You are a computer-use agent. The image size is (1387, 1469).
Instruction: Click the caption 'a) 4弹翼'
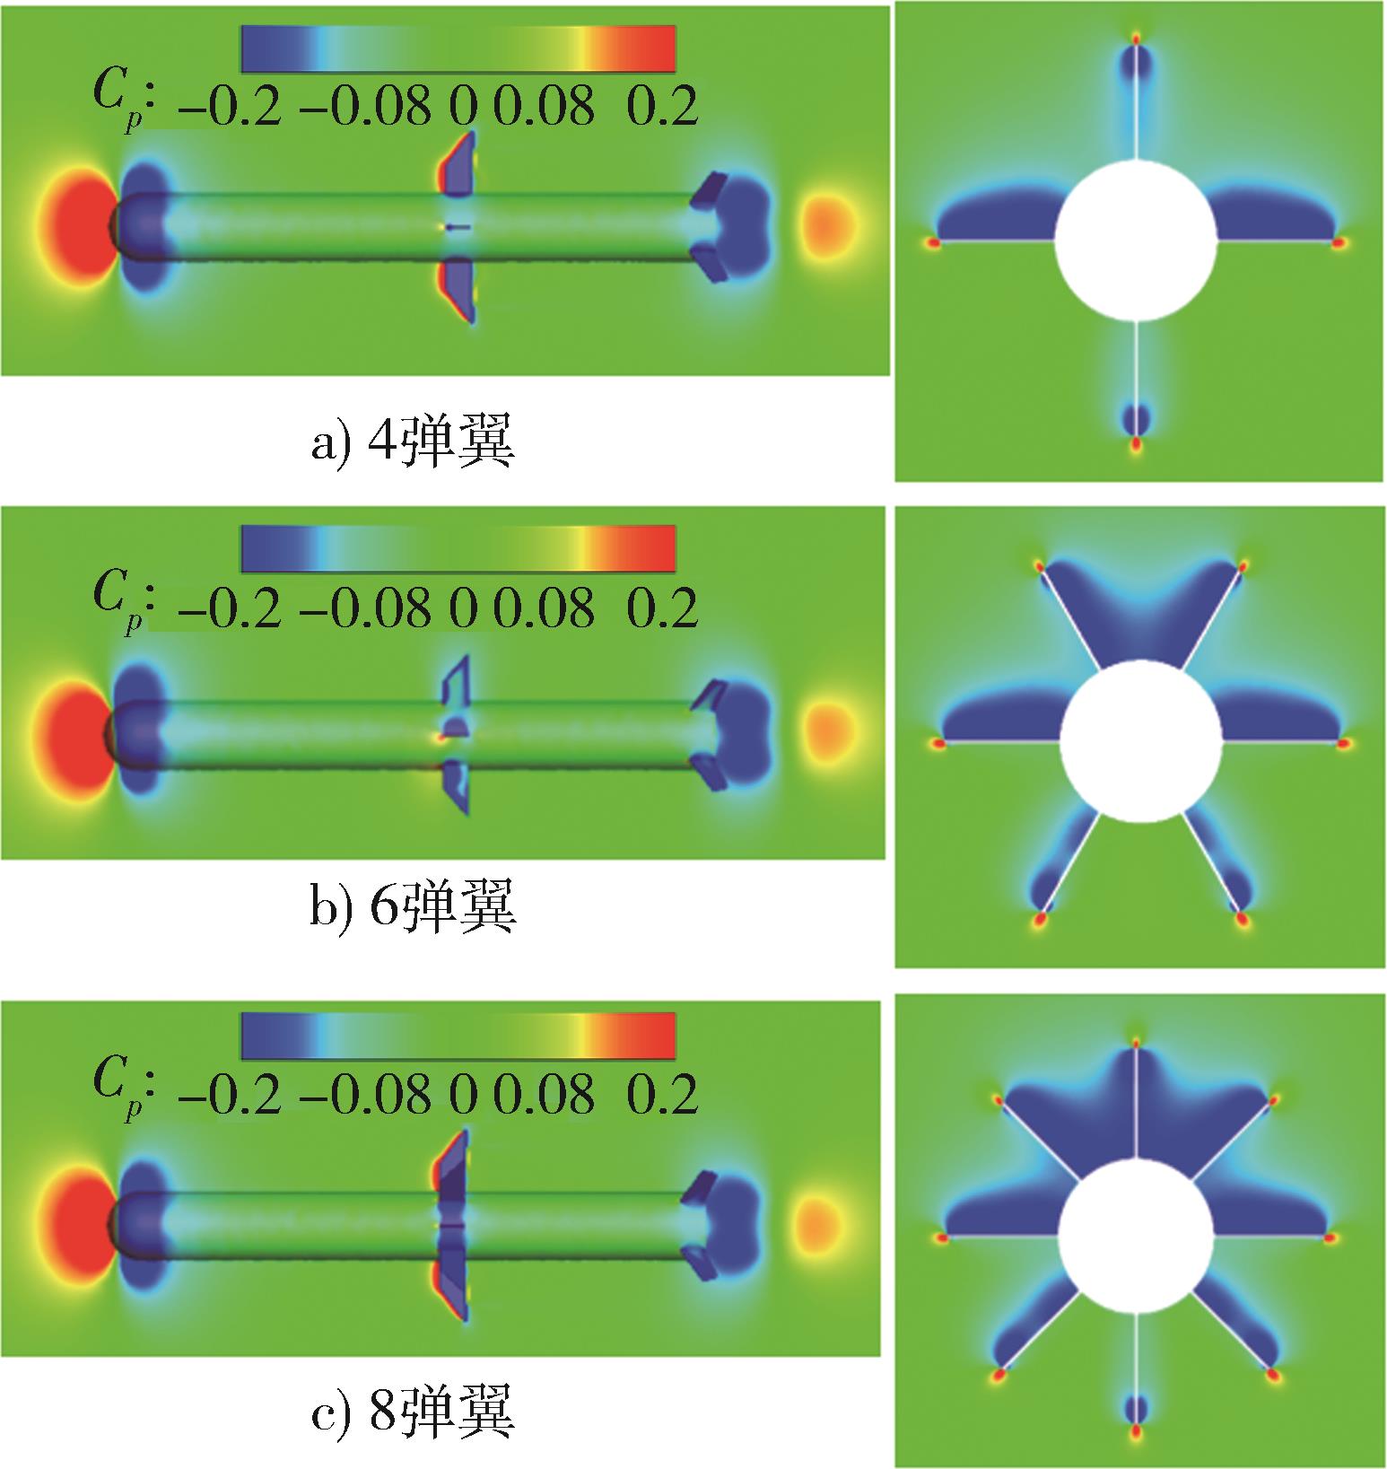[414, 443]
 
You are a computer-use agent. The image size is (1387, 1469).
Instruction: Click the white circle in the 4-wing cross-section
[1136, 240]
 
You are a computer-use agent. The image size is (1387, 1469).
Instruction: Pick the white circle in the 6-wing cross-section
[1140, 740]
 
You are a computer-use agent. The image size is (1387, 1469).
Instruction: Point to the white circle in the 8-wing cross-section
[1137, 1237]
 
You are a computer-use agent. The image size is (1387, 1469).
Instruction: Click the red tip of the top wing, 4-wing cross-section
[1136, 39]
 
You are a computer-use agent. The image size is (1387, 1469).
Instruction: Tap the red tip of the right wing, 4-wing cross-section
[1339, 242]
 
